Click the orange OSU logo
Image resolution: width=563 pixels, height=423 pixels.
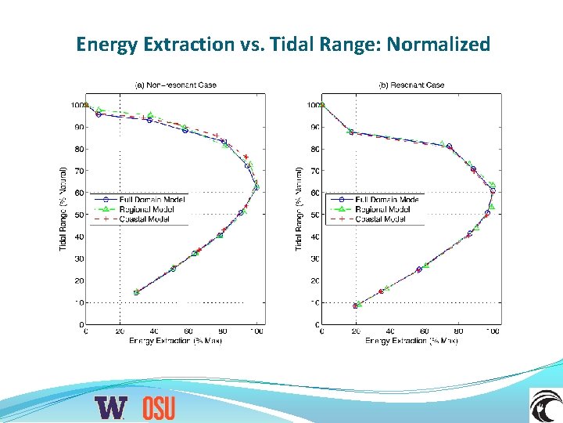point(159,407)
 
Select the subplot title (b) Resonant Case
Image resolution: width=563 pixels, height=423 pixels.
point(411,85)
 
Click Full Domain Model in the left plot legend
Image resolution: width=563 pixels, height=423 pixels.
point(152,200)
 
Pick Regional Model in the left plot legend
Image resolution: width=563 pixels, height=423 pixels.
point(149,209)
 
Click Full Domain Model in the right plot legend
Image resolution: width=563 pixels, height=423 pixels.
point(388,200)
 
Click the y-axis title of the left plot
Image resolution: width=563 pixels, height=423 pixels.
point(63,208)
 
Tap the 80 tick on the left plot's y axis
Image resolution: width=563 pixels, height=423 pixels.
point(79,149)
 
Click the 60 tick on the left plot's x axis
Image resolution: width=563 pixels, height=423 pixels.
point(188,332)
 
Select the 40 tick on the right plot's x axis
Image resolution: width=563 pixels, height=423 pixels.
point(390,332)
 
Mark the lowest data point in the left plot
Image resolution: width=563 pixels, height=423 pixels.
point(136,292)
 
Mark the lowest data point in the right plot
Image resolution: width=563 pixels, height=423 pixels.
point(356,305)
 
